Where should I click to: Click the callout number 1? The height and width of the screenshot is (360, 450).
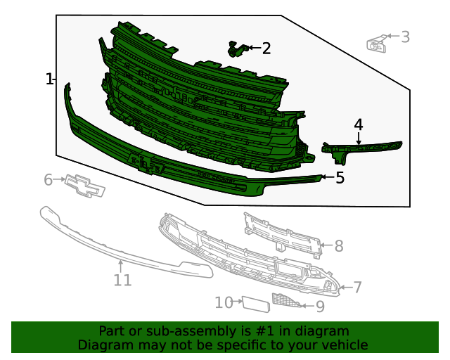[49, 79]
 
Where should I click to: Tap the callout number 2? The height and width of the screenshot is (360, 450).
[266, 49]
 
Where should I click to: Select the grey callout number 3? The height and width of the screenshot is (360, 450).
[405, 37]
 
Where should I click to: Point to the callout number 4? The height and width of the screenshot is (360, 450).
[359, 124]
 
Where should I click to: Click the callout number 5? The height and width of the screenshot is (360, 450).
[340, 178]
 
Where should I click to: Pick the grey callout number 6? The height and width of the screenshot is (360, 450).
[49, 180]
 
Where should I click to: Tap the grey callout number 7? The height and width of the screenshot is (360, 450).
[357, 287]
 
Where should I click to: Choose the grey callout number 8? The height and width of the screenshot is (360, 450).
[339, 246]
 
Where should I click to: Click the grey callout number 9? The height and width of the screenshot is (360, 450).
[320, 307]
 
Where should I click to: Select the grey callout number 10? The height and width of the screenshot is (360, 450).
[224, 302]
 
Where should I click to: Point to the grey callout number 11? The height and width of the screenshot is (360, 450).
[122, 280]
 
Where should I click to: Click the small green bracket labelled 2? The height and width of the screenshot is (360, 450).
[237, 49]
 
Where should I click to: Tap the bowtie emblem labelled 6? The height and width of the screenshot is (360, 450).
[85, 186]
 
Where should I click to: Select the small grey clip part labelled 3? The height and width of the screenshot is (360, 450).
[377, 44]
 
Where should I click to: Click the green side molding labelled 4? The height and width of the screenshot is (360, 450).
[361, 148]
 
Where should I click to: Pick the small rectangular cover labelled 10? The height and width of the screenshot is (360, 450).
[256, 304]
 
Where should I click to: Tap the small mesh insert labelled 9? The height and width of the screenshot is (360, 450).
[285, 300]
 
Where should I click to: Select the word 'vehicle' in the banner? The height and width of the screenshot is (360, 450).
[342, 345]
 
